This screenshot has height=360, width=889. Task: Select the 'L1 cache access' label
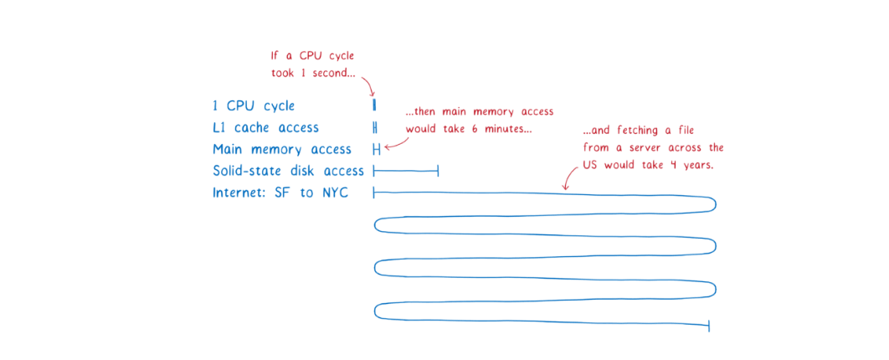click(x=265, y=128)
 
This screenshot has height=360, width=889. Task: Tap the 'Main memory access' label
click(x=281, y=149)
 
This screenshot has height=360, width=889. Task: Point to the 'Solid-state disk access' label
click(x=288, y=171)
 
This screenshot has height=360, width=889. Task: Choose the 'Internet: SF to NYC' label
click(x=280, y=193)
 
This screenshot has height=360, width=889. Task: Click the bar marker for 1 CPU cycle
click(x=374, y=105)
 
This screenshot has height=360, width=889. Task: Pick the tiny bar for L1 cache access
click(x=375, y=127)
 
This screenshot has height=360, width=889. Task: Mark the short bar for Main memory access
click(x=377, y=149)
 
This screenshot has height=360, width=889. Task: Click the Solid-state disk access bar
click(x=406, y=171)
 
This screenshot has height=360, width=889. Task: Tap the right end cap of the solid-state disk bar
click(x=438, y=171)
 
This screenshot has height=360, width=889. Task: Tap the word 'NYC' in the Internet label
click(x=333, y=193)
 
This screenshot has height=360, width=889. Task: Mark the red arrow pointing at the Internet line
click(x=568, y=177)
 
